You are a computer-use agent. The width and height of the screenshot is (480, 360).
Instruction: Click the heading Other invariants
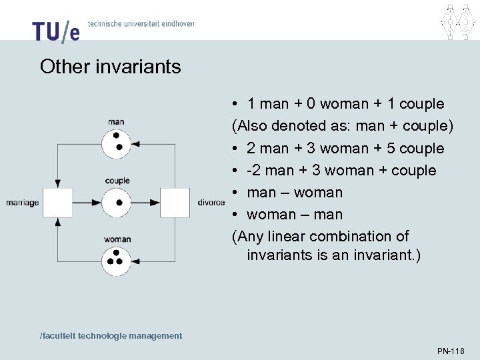pyautogui.click(x=110, y=67)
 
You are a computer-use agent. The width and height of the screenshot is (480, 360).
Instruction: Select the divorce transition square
pyautogui.click(x=175, y=203)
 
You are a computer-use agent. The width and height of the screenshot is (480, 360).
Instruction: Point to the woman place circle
pyautogui.click(x=117, y=260)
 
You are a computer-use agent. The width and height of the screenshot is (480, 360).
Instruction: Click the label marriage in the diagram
pyautogui.click(x=23, y=203)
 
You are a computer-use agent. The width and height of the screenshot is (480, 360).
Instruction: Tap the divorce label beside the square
pyautogui.click(x=211, y=203)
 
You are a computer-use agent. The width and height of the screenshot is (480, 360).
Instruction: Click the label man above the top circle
pyautogui.click(x=116, y=121)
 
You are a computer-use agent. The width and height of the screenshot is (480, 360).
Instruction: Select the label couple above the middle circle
pyautogui.click(x=117, y=181)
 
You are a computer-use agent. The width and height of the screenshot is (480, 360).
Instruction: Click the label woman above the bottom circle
pyautogui.click(x=117, y=239)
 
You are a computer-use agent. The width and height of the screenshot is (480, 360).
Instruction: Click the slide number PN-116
pyautogui.click(x=451, y=351)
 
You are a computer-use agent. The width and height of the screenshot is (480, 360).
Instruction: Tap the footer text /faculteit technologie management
pyautogui.click(x=111, y=335)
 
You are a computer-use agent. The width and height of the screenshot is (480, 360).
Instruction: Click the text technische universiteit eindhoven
pyautogui.click(x=141, y=23)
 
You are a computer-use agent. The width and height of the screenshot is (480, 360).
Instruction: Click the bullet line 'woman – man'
pyautogui.click(x=294, y=214)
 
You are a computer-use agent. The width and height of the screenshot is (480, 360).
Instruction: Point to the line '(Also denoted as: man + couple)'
pyautogui.click(x=343, y=126)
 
